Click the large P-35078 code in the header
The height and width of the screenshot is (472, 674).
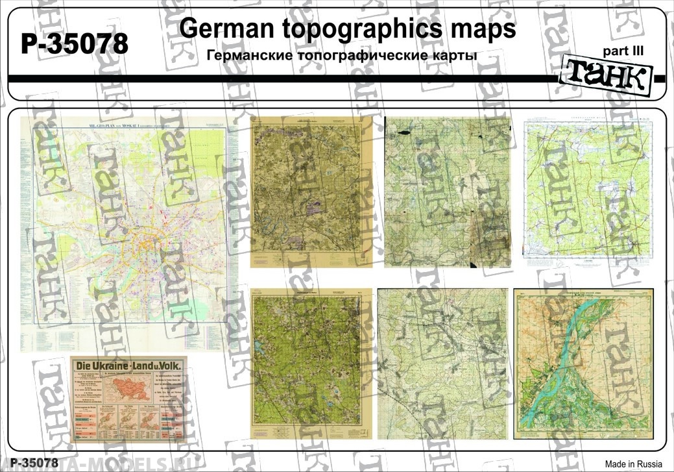pyautogui.click(x=75, y=44)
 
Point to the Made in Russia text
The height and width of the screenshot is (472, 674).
pyautogui.click(x=634, y=464)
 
